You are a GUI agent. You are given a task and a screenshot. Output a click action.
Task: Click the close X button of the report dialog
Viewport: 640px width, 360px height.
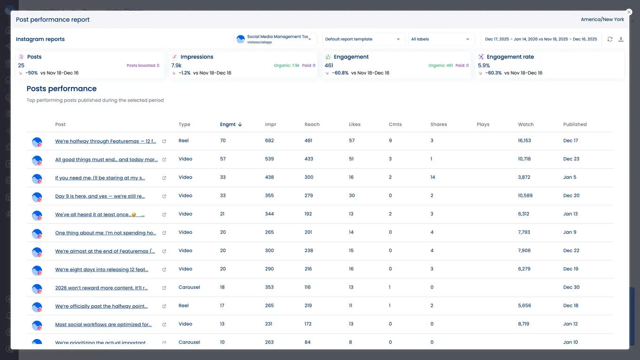click(x=629, y=12)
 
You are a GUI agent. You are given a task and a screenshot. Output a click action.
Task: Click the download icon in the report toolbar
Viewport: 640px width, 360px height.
click(x=621, y=40)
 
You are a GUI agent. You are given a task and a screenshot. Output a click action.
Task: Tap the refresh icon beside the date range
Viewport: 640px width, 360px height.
click(x=610, y=40)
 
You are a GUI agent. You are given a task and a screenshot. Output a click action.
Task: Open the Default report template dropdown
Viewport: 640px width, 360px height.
click(x=362, y=40)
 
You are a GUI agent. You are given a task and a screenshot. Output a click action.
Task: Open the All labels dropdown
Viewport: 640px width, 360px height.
click(x=440, y=40)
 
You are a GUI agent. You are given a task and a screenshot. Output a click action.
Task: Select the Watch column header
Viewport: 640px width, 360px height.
click(x=526, y=125)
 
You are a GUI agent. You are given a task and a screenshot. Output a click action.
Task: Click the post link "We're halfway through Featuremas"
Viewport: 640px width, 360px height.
click(x=105, y=141)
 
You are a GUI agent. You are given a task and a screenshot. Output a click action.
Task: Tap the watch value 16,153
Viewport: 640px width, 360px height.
click(x=524, y=141)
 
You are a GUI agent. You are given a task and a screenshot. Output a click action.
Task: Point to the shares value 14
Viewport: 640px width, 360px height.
click(x=432, y=177)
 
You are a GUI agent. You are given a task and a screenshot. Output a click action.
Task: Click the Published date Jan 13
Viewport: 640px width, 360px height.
click(x=570, y=214)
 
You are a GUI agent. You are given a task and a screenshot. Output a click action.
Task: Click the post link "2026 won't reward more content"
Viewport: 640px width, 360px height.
click(x=101, y=288)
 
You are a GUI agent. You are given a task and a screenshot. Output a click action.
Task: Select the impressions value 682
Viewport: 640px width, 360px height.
click(x=269, y=141)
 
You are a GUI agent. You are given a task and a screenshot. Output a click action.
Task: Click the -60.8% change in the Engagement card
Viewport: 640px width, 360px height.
click(x=340, y=73)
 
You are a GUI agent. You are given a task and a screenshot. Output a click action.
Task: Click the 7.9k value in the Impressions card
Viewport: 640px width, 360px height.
click(x=176, y=66)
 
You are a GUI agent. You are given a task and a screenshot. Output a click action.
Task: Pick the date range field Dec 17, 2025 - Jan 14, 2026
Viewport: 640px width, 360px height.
click(x=541, y=40)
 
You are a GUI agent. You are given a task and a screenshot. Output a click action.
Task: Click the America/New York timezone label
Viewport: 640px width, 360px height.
click(x=602, y=20)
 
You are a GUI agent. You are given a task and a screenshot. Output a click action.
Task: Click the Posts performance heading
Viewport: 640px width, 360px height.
click(x=62, y=89)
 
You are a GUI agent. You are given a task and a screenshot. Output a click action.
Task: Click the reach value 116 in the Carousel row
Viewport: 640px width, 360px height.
click(x=307, y=288)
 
